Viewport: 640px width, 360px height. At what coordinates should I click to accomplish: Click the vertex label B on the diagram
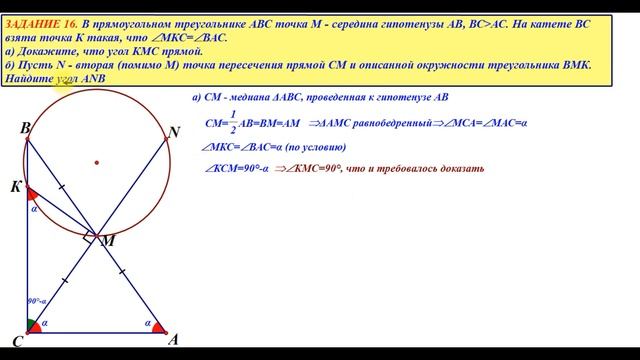24,129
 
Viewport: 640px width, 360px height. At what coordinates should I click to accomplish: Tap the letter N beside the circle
175,132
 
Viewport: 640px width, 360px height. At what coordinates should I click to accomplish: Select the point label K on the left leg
16,187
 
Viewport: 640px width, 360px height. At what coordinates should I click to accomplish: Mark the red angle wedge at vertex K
32,193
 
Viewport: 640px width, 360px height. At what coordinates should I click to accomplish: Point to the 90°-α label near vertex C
37,300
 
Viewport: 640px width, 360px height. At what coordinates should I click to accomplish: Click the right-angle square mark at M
91,237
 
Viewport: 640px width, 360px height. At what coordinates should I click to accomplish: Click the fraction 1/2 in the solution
233,127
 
